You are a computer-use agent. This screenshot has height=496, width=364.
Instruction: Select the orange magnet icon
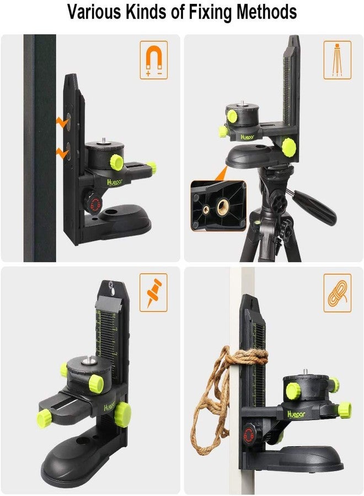coord(154,60)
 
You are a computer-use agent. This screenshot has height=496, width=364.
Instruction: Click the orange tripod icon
coord(338,60)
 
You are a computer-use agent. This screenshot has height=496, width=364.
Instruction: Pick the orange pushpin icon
coord(154,293)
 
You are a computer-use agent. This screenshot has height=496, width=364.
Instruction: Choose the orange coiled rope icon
coord(338,293)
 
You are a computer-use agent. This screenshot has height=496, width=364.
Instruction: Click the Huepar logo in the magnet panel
coord(115,182)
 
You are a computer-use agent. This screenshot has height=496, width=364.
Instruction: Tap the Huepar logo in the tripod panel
coord(247,137)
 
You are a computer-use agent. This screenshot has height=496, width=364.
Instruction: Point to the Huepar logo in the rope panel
coord(296,414)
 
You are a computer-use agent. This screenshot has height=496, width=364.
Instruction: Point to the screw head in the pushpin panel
coord(112,285)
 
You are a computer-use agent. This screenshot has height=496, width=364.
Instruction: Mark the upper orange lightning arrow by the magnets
coord(62,122)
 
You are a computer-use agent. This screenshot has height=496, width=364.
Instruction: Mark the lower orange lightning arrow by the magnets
coord(62,153)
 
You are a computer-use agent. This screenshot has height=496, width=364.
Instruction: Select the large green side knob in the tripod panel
coord(288,146)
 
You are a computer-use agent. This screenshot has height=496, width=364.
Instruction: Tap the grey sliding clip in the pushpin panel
coord(108,304)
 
